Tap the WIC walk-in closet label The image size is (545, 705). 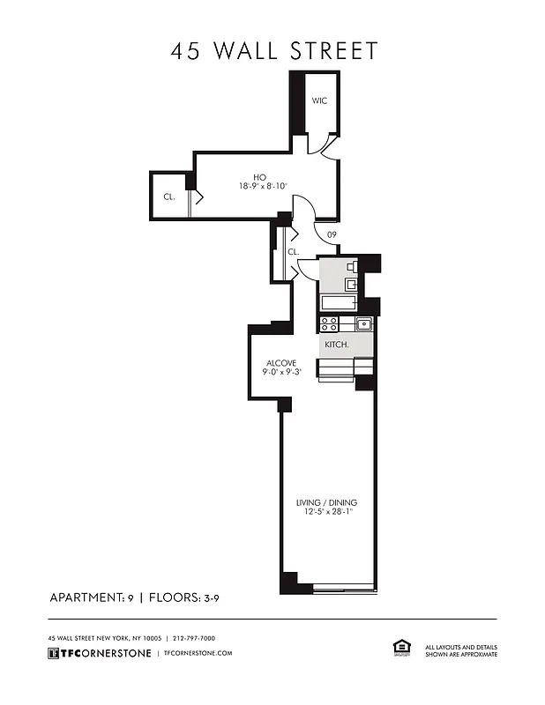point(319,101)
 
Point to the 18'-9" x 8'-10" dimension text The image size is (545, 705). point(263,187)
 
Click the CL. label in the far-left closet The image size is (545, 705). point(168,197)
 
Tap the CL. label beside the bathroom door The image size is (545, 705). point(294,252)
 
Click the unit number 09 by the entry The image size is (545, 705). point(332,234)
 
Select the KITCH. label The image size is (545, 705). point(337,345)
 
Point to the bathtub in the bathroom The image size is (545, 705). point(338,303)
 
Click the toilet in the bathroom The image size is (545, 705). point(350,266)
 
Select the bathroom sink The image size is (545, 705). point(350,285)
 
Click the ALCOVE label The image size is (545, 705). point(281,363)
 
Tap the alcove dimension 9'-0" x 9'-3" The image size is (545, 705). point(281,374)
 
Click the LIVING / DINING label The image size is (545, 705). point(326,503)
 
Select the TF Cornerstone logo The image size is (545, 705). point(99,653)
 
